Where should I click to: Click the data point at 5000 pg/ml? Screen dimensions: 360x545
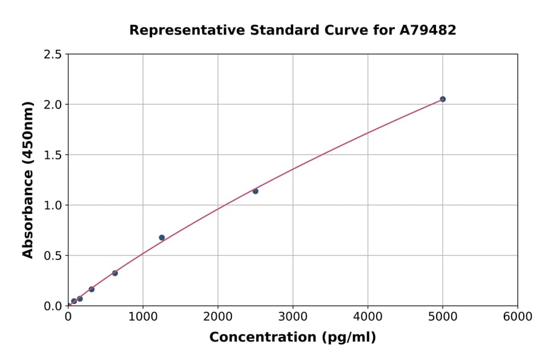pos(443,99)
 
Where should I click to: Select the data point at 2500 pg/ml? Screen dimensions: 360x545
pos(256,191)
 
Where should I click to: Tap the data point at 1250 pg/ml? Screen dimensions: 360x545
pos(162,238)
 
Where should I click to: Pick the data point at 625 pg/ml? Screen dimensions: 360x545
pos(115,273)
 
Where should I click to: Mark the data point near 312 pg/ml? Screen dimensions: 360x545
pos(91,289)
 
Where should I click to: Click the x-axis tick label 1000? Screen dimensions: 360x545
pos(143,316)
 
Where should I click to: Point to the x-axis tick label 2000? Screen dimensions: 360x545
pos(218,316)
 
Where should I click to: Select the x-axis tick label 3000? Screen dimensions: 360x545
pos(292,316)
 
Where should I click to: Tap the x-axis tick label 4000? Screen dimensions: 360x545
pos(368,316)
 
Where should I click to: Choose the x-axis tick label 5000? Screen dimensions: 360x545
pos(443,316)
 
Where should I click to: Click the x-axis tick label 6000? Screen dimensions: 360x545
pos(517,316)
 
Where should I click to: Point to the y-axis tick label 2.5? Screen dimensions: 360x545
pos(53,55)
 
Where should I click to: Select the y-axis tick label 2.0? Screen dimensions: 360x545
pos(53,105)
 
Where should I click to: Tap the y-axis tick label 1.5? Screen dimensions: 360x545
pos(53,155)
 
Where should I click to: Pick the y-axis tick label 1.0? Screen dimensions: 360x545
pos(53,205)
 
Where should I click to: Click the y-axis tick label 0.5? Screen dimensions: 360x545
pos(53,256)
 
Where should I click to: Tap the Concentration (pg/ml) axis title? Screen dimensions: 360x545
pos(292,338)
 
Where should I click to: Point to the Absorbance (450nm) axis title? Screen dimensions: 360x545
pos(28,179)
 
